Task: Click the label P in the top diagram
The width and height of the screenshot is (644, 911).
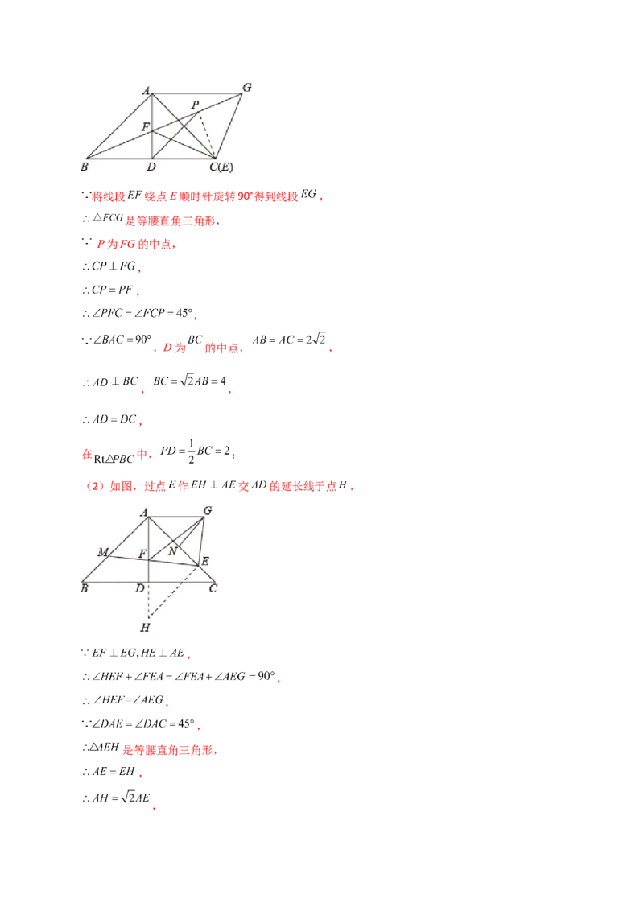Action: pos(194,105)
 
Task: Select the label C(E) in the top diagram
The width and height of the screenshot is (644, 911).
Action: pos(221,167)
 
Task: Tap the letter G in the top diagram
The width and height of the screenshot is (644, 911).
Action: pos(246,86)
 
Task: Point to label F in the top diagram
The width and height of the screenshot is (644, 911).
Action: pos(145,127)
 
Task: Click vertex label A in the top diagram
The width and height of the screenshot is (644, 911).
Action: pos(147,91)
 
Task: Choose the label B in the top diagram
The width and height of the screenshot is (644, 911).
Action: pos(83,167)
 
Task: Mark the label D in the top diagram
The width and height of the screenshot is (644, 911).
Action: pos(151,167)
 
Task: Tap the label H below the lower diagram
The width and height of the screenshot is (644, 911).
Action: pos(145,627)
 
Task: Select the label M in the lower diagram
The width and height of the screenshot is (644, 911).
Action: pos(103,552)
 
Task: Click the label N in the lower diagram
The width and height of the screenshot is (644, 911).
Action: pos(171,551)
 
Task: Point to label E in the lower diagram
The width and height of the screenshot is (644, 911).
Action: pos(204,560)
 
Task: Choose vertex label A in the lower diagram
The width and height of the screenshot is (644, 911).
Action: pos(144,512)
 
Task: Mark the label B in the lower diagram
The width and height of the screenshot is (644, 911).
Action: pos(83,589)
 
